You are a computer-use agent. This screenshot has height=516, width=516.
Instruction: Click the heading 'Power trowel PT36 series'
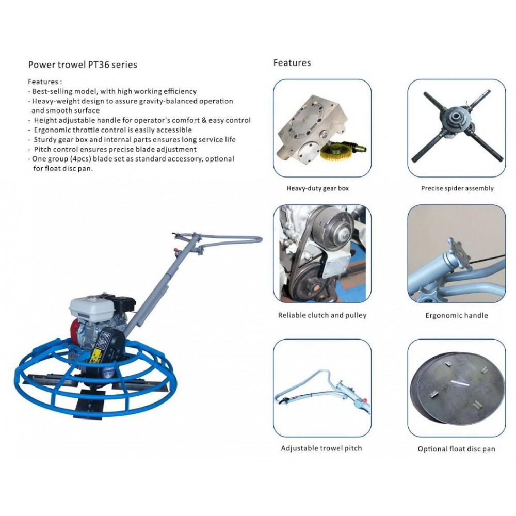(83, 64)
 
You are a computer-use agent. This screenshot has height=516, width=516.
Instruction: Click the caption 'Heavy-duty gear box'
(317, 188)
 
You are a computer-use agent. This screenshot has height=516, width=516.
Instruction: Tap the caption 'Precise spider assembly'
(457, 188)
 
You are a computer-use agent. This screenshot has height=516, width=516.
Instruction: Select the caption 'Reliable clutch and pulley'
(322, 315)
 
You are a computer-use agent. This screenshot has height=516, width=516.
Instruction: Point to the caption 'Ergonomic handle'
(457, 316)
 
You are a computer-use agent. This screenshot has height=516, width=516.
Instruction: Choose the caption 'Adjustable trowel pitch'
(321, 448)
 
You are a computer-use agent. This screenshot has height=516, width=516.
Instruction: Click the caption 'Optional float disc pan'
(457, 449)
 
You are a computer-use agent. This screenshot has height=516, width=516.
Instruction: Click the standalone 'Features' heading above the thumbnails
(292, 62)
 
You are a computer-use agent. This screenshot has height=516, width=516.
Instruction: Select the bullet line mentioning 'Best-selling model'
(112, 91)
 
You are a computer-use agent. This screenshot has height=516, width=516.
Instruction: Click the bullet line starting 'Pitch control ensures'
(112, 149)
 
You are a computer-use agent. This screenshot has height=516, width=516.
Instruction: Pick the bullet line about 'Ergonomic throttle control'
(110, 130)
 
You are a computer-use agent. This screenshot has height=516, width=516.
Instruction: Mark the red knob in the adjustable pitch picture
(364, 400)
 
